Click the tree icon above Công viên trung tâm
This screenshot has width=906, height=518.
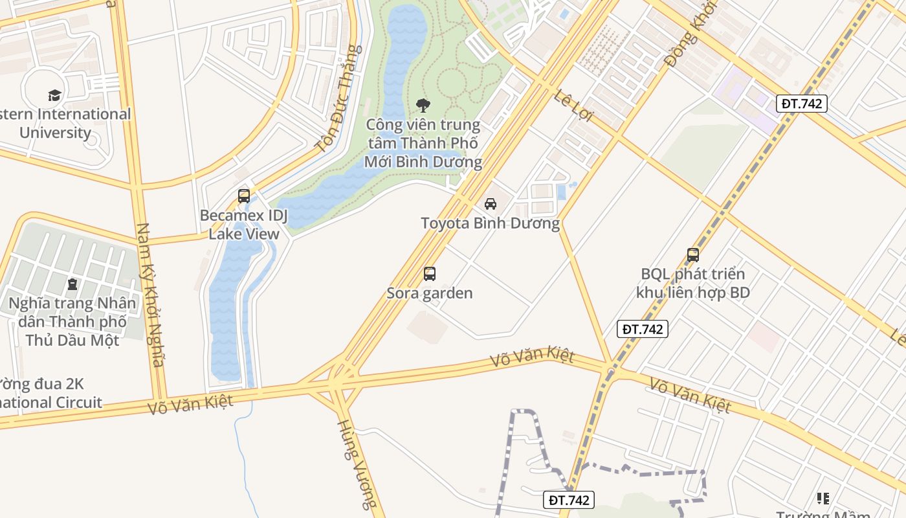[x=423, y=105]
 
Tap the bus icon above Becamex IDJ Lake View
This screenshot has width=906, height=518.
[x=244, y=196]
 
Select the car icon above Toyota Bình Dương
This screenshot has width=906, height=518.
[x=491, y=204]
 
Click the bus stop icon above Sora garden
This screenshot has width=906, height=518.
[x=430, y=273]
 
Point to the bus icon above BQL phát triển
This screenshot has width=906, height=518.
[x=693, y=255]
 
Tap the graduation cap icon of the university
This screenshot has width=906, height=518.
[x=55, y=96]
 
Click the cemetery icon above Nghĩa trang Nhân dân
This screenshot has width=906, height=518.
[x=72, y=284]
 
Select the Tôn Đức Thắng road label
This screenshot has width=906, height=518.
[x=337, y=98]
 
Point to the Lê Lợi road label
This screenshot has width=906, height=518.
[x=574, y=105]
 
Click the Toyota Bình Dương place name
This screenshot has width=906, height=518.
[x=490, y=223]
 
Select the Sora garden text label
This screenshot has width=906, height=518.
[x=430, y=293]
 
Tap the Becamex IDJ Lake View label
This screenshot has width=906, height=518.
[x=244, y=224]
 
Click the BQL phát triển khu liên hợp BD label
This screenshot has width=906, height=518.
[x=692, y=283]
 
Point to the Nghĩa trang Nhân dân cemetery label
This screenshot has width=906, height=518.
[x=72, y=321]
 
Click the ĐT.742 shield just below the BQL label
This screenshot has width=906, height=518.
[x=642, y=329]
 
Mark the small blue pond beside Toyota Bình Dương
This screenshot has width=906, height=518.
[x=561, y=191]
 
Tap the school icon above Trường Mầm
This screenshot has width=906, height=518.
[x=823, y=498]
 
